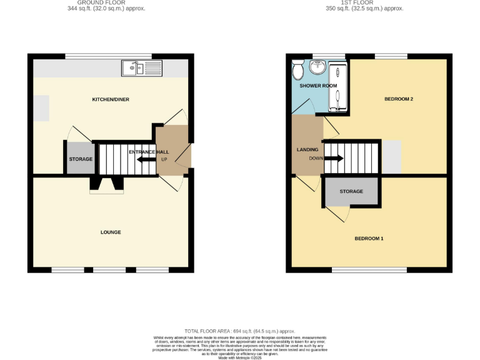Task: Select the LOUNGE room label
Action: [111, 232]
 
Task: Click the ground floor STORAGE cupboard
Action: [80, 159]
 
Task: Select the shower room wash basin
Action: [319, 67]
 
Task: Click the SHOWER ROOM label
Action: [318, 86]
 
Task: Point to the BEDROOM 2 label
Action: [399, 99]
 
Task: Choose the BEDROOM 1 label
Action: [369, 238]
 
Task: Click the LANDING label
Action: [307, 150]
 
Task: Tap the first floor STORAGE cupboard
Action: [351, 191]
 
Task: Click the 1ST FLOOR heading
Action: [357, 2]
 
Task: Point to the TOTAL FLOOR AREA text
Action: [239, 331]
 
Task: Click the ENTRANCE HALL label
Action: [149, 152]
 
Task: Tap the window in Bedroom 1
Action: [369, 270]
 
